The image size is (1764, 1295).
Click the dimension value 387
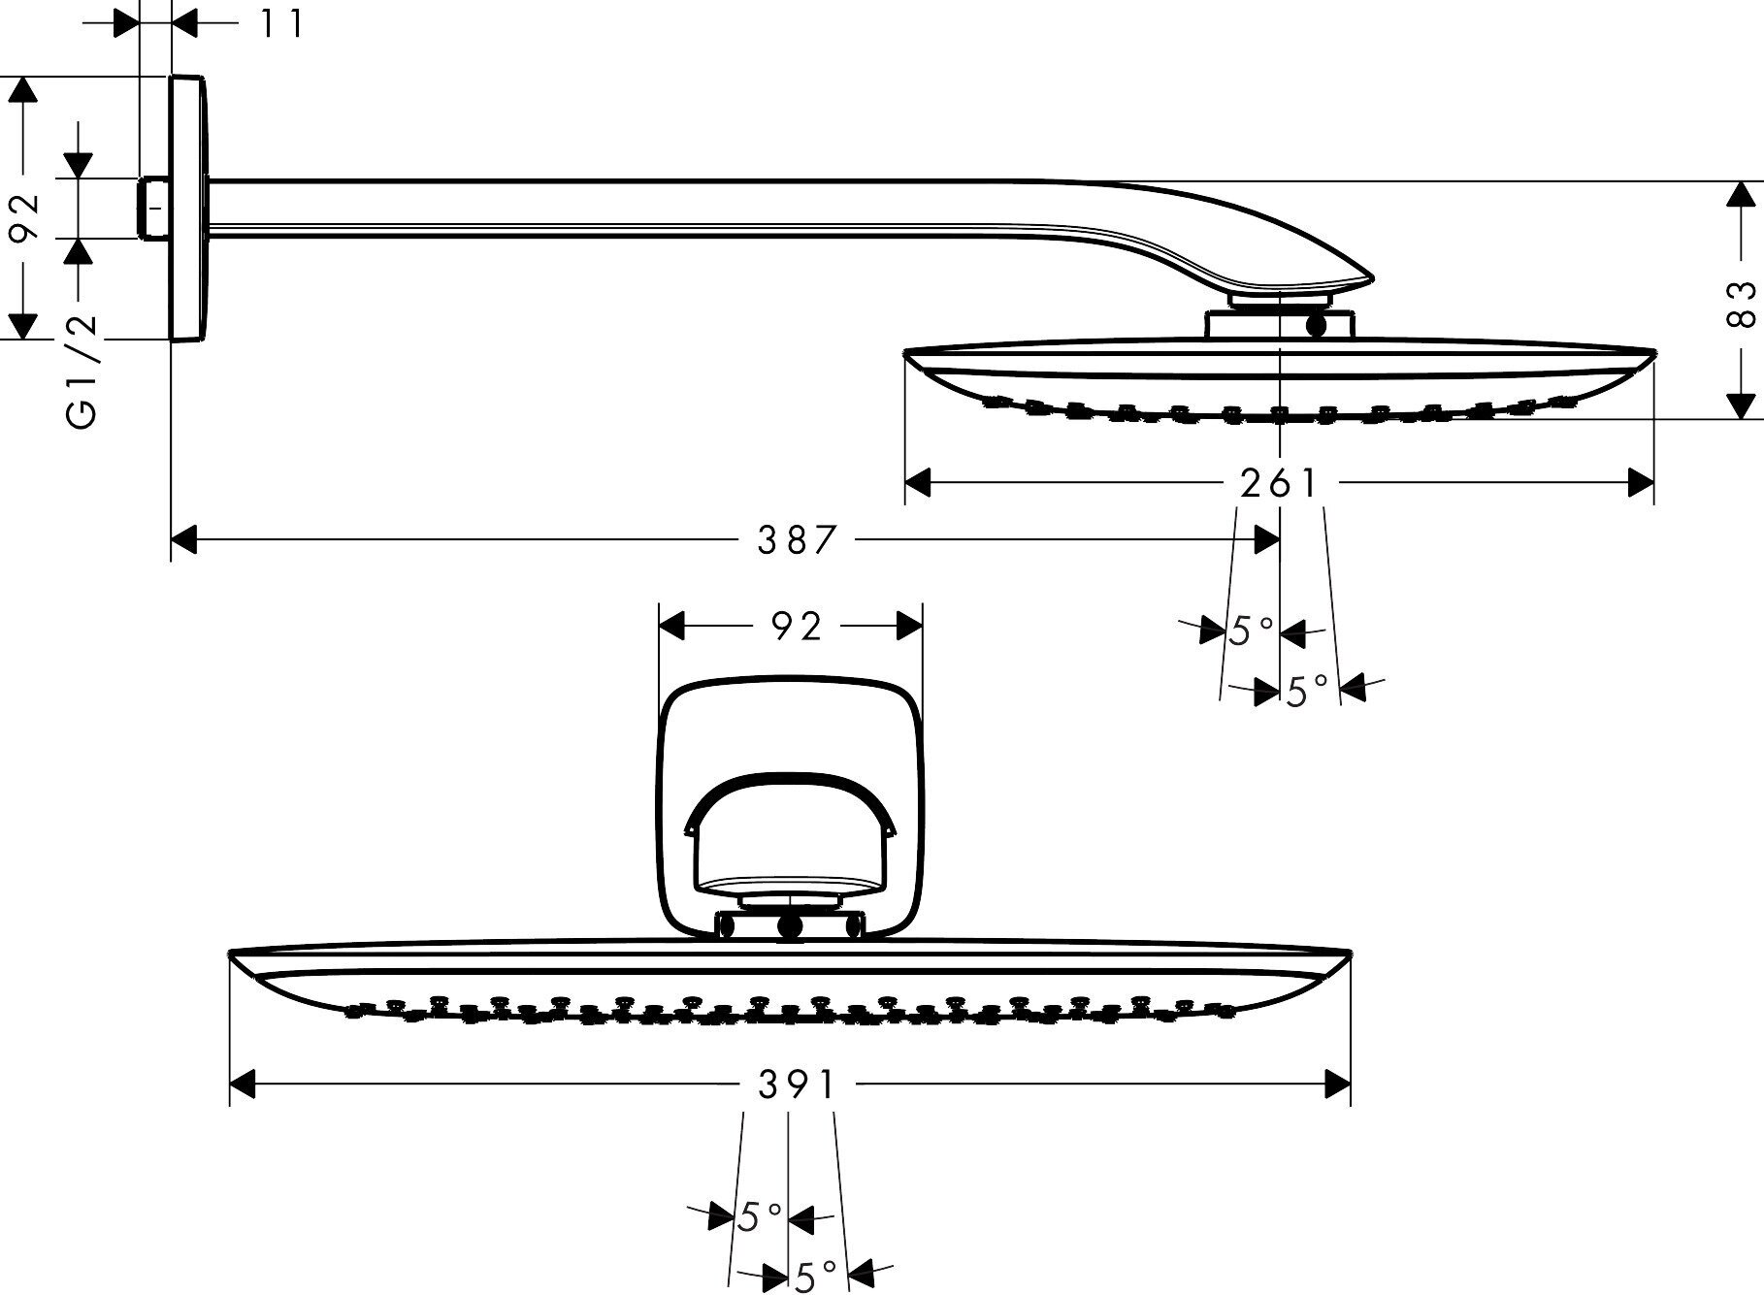(x=796, y=539)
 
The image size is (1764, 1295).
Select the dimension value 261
(x=1279, y=482)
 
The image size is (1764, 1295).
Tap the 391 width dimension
(x=796, y=1085)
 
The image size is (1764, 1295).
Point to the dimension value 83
(x=1743, y=303)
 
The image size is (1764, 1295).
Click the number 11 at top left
(x=281, y=23)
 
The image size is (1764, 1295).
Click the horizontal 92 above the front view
(x=797, y=627)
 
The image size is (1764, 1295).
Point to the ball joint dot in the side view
(x=1317, y=326)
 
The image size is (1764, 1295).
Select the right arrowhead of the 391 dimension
(x=1337, y=1085)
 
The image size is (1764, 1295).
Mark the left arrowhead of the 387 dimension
(x=184, y=539)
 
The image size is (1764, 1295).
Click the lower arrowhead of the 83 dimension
(x=1743, y=405)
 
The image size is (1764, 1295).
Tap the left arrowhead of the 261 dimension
(x=918, y=482)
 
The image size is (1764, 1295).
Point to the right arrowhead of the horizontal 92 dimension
(x=909, y=627)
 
